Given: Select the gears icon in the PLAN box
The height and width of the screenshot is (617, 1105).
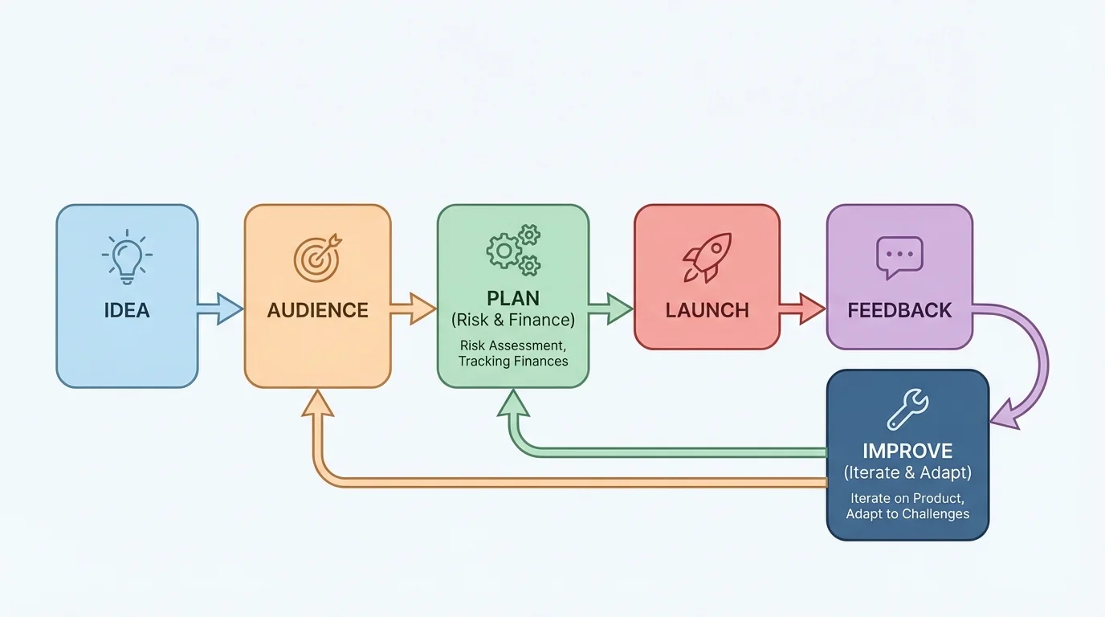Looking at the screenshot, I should pos(513,250).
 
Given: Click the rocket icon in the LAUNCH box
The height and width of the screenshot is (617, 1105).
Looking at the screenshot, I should pos(707,258).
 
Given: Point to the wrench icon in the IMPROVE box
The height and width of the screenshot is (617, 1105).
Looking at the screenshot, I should pos(907,410).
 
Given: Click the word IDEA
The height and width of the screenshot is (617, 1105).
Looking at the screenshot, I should pos(127,311).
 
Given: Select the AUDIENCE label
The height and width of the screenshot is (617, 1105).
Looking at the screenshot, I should pos(317,311).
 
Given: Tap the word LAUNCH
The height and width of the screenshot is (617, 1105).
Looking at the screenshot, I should pos(707,311).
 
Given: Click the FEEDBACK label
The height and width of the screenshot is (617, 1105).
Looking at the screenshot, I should pos(899,311).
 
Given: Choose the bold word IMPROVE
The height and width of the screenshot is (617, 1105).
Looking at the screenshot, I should pos(907,451).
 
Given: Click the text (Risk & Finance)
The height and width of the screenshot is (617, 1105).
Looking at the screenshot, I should pos(513,321).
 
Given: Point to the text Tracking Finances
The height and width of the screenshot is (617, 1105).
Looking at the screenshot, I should pos(513,362).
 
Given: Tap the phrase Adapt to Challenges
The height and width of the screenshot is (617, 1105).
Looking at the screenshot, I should pos(907,514).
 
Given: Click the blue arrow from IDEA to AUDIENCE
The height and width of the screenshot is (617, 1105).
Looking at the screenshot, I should pos(220,309).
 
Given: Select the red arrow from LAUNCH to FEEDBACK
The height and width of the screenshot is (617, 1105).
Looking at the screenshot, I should pos(802,309).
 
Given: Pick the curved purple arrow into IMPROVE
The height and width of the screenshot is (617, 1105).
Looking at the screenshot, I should pos(1036,362).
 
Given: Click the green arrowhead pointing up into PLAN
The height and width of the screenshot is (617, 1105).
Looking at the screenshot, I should pos(514,403).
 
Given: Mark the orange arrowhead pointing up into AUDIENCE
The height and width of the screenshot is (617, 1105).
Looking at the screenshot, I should pos(319,403).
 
